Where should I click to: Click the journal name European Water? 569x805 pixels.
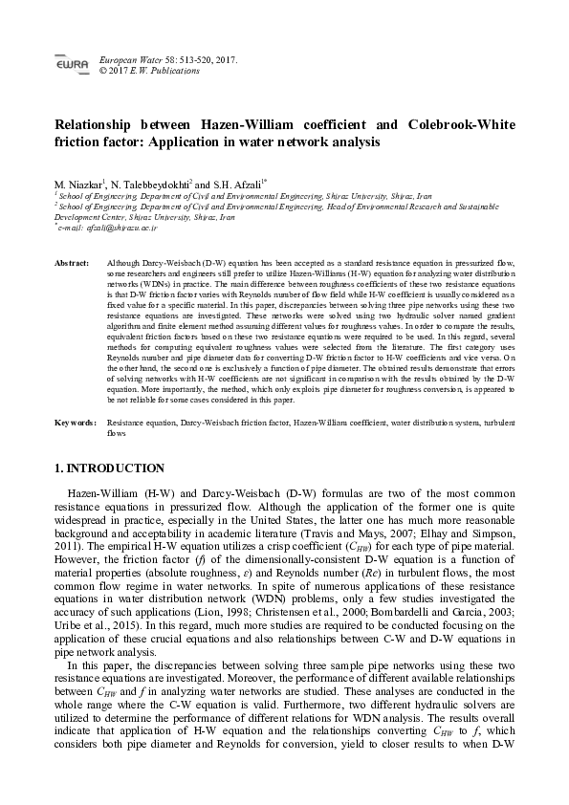click(130, 59)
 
